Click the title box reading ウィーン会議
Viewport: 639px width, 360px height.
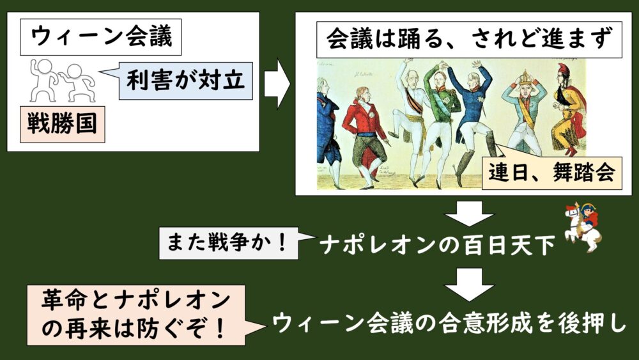(x=101, y=37)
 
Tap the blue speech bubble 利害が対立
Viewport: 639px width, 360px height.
(x=185, y=81)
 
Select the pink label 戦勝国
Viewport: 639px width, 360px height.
(x=63, y=124)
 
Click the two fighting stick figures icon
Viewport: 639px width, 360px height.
(x=63, y=81)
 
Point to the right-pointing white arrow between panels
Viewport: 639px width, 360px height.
(x=277, y=84)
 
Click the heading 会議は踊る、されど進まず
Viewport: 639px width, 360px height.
(x=469, y=40)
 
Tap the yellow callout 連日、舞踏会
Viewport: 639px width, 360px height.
(x=552, y=173)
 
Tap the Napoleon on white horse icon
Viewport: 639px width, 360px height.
(x=583, y=227)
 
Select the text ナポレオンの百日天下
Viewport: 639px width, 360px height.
(x=437, y=246)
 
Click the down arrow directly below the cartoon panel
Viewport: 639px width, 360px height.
(x=469, y=213)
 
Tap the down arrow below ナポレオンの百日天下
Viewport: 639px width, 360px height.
(x=469, y=284)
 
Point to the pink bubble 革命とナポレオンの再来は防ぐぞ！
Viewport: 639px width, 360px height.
(x=136, y=315)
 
